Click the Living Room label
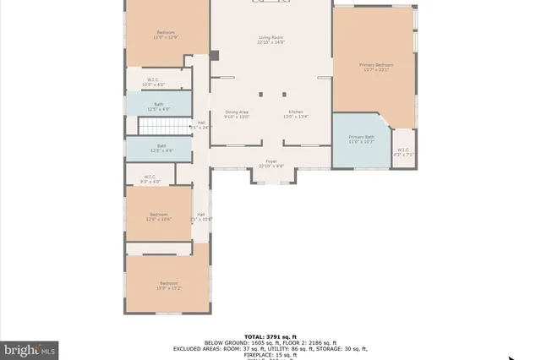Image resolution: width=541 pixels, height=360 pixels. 271,36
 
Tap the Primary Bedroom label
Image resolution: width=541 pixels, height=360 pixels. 376,64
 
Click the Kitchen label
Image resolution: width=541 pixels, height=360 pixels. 295,112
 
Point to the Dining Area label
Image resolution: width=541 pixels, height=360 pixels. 237,112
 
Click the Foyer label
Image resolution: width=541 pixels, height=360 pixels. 271,161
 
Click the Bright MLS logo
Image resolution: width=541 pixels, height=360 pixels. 30,349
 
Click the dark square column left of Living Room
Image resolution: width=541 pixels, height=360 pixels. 215,56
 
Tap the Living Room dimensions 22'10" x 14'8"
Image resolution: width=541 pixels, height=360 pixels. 271,42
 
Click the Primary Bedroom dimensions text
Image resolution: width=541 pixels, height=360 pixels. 376,70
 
